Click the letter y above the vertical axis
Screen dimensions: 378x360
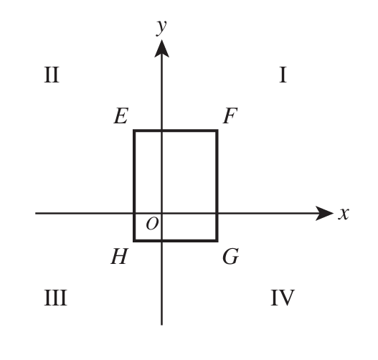(x=161, y=28)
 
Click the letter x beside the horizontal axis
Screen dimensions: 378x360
(x=344, y=214)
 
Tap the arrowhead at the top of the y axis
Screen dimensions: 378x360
(x=161, y=49)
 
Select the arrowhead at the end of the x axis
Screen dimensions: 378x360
(x=324, y=213)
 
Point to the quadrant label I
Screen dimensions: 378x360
(x=283, y=75)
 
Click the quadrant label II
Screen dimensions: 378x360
(x=52, y=75)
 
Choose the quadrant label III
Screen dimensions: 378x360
(x=55, y=298)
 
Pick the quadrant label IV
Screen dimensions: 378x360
(x=283, y=298)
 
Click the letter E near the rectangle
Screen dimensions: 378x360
(x=121, y=116)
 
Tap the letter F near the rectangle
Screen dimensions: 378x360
(x=230, y=116)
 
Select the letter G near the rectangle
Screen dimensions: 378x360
(x=231, y=257)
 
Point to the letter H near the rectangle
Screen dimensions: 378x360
(x=119, y=257)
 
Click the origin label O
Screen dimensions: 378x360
(x=152, y=224)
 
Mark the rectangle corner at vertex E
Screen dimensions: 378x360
(x=134, y=131)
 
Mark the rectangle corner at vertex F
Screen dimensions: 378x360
(x=217, y=131)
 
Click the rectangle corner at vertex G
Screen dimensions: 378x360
(x=217, y=240)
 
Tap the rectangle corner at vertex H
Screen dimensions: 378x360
(x=134, y=240)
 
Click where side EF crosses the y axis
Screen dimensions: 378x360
(x=161, y=131)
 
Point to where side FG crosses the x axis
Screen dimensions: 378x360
(x=217, y=213)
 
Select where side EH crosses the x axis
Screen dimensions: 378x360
(x=134, y=213)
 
